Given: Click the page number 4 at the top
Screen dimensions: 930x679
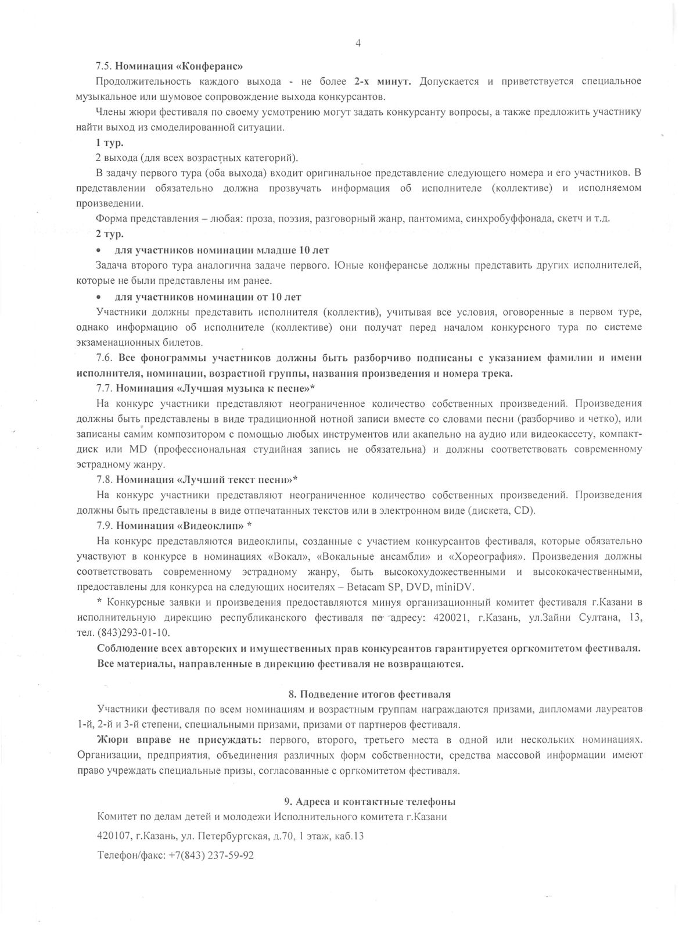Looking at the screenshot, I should (x=358, y=42).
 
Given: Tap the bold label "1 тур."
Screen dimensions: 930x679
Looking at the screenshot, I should (x=109, y=142).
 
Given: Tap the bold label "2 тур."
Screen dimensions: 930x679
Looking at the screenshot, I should (x=109, y=234).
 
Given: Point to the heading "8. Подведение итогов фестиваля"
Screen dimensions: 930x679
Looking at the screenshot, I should (x=369, y=694).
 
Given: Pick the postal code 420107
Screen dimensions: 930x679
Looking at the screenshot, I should (x=113, y=836).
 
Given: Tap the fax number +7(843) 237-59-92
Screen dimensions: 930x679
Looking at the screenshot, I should (x=211, y=856).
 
